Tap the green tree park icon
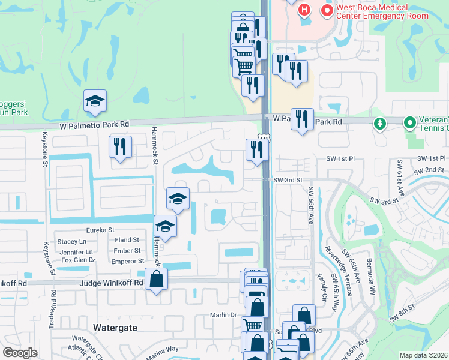379,124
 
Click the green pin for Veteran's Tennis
410,124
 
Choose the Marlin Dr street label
224,315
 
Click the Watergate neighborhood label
115,328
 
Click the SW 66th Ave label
311,206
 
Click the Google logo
20,353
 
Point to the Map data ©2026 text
423,355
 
